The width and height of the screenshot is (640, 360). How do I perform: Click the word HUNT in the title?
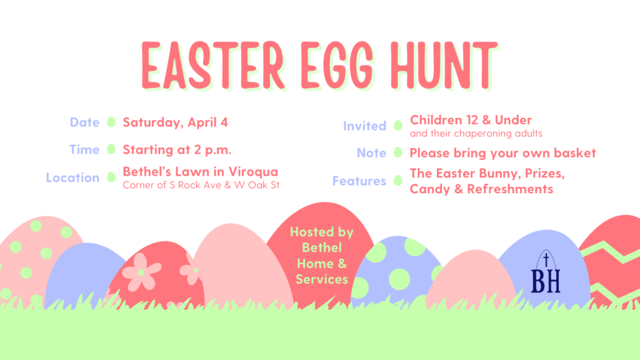coord(444,65)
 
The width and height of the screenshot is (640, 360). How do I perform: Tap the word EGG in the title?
coord(337,65)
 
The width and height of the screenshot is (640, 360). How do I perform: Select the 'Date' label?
coord(84,122)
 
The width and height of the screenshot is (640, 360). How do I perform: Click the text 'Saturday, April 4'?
coord(175,122)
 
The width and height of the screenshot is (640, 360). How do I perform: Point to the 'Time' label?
coord(84,149)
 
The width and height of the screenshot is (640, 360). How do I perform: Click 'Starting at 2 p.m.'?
coord(177,150)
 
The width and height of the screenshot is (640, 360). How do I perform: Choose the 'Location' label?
coord(72,177)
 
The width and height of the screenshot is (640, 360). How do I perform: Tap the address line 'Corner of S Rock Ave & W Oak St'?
coord(201,185)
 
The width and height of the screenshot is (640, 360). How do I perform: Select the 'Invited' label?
coord(364,126)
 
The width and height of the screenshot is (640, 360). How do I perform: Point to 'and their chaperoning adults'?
coord(476,134)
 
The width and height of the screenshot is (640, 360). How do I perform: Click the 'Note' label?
coord(371,152)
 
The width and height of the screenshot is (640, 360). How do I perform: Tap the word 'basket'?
coord(575,152)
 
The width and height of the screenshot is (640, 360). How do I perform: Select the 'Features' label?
coord(359,181)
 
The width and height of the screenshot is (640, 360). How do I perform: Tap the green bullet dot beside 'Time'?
coord(111,149)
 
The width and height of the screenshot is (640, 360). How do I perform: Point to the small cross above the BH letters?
coord(546,259)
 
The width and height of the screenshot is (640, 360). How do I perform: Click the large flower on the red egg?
coord(141,272)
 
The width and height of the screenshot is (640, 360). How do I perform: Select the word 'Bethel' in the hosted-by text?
coord(322,247)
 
